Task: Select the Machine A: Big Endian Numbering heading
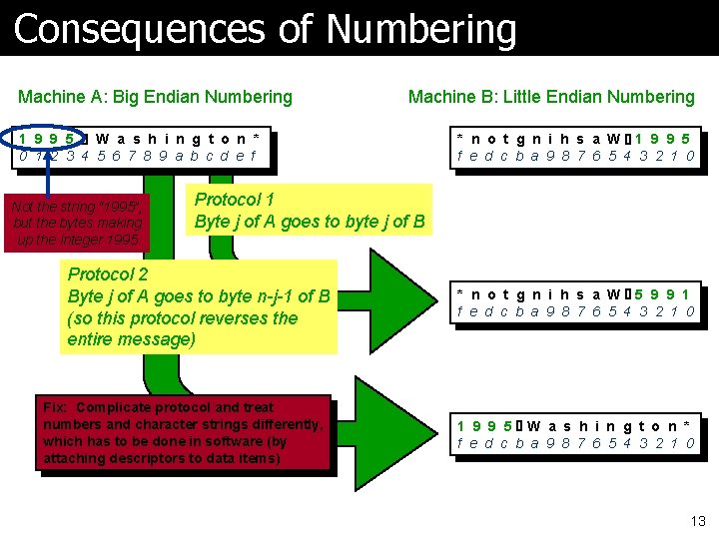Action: (155, 97)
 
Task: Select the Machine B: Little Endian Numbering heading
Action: (551, 97)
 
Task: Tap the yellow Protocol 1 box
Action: (310, 210)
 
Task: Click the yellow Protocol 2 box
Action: (199, 305)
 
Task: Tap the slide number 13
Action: (697, 519)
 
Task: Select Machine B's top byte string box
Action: (576, 146)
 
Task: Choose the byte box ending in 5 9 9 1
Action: (576, 302)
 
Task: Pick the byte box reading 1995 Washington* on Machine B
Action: (576, 434)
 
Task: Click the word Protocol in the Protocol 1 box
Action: (229, 199)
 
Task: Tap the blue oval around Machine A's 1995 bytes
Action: (51, 146)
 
